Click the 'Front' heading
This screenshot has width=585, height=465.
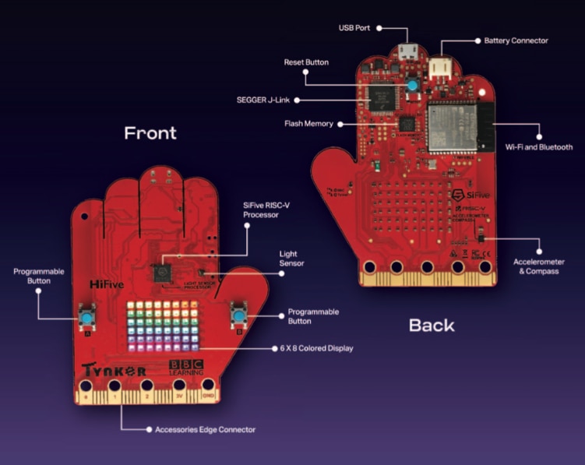click(x=150, y=132)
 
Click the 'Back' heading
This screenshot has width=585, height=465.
click(x=432, y=325)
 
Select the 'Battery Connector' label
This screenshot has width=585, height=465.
click(x=516, y=40)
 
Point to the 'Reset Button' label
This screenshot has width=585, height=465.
click(x=306, y=62)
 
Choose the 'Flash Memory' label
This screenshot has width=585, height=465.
click(x=308, y=123)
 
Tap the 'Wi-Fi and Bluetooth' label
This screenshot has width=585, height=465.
click(x=538, y=146)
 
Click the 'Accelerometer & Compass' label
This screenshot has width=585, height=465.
click(x=538, y=266)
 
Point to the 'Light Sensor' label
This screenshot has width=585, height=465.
click(x=291, y=259)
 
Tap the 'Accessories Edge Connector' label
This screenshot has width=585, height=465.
click(x=205, y=429)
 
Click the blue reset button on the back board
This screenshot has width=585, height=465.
click(x=410, y=84)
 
